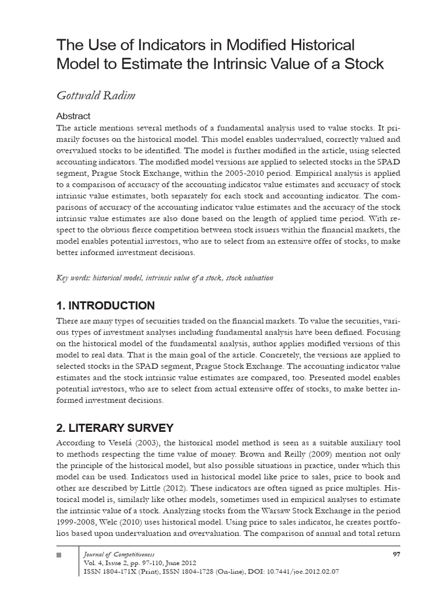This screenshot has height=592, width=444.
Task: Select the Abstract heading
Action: click(x=73, y=116)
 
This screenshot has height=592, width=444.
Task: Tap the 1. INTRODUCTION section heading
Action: click(x=105, y=306)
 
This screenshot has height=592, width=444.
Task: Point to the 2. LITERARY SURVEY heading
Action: click(x=114, y=428)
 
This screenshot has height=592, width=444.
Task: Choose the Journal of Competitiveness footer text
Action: click(x=116, y=555)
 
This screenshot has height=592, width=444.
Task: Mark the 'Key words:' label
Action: click(x=71, y=278)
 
